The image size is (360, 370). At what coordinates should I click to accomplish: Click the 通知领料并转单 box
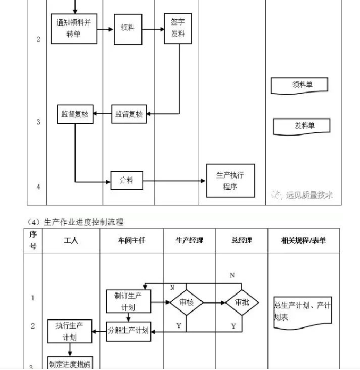click(x=74, y=29)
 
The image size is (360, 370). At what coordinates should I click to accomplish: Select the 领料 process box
click(x=128, y=29)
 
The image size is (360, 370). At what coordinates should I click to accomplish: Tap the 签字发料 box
click(x=178, y=29)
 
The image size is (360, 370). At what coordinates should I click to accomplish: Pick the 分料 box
click(x=127, y=181)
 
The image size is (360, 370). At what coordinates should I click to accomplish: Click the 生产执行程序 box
click(x=230, y=181)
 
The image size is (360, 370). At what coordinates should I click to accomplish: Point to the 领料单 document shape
click(x=299, y=85)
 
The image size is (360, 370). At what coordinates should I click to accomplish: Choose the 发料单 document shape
click(x=302, y=126)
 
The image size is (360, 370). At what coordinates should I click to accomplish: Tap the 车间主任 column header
click(x=131, y=241)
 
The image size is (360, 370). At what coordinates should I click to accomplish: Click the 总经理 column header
click(x=241, y=241)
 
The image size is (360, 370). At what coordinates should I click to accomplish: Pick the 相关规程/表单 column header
click(x=304, y=241)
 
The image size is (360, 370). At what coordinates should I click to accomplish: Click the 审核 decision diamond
click(x=186, y=303)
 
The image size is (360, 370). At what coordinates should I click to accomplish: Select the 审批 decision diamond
click(x=241, y=303)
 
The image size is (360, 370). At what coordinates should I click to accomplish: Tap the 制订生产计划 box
click(x=129, y=301)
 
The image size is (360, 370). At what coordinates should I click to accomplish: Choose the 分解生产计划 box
click(x=128, y=330)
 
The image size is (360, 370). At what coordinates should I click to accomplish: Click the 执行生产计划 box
click(x=70, y=331)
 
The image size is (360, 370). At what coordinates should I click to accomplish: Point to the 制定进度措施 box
click(x=70, y=364)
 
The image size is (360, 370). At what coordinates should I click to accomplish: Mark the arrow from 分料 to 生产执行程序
click(x=174, y=181)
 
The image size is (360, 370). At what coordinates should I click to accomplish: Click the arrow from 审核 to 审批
click(x=214, y=303)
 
